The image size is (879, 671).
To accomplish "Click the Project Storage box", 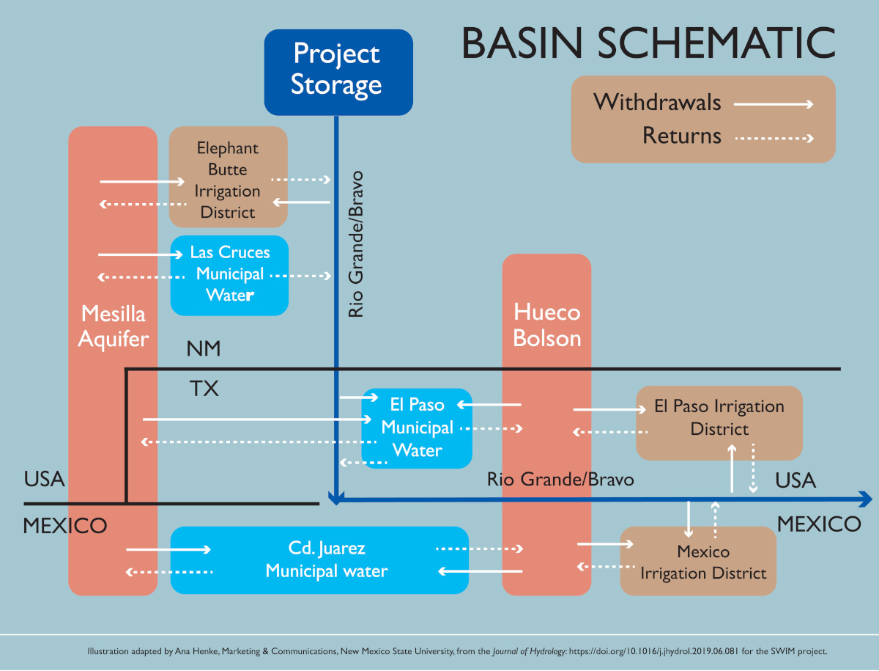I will click(338, 72).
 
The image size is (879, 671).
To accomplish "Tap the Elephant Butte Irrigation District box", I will click(229, 177).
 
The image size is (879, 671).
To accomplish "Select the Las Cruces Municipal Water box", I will click(229, 274).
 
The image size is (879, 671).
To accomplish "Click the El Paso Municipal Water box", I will click(417, 428).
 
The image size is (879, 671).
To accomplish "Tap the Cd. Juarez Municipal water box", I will click(319, 560).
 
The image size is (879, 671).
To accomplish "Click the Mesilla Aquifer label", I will click(113, 326).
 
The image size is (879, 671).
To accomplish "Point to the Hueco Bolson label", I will click(546, 325).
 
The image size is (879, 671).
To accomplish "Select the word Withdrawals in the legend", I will click(657, 103).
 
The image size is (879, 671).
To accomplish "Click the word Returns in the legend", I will click(681, 136).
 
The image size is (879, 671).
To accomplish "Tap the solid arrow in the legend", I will click(774, 104).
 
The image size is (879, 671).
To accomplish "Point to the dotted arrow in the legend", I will click(774, 137).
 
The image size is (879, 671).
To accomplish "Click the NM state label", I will click(204, 349).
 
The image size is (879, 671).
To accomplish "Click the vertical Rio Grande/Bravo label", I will click(356, 245).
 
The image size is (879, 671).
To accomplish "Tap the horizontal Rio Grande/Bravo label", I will click(560, 480).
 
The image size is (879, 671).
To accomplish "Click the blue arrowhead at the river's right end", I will click(867, 499).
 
